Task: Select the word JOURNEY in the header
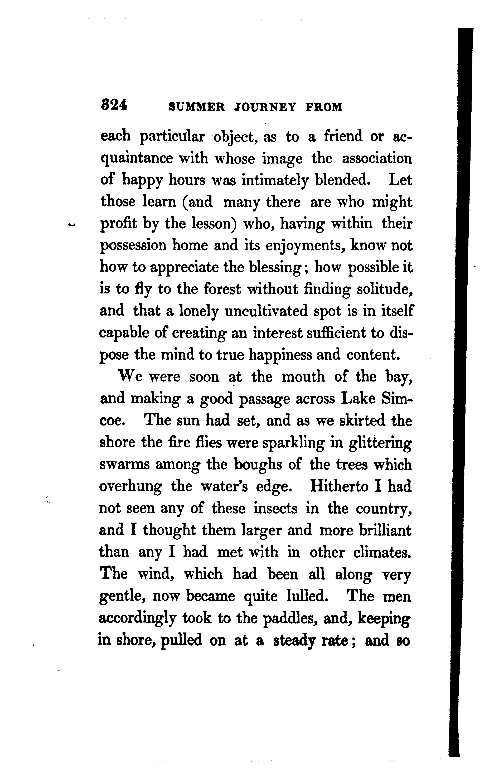coord(265,107)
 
